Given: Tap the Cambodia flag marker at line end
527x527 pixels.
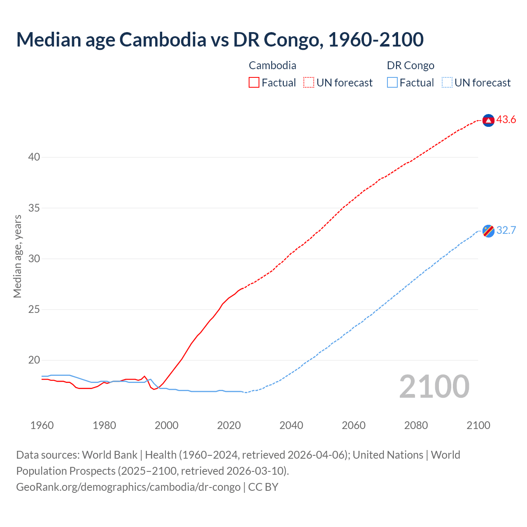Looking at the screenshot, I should pos(488,120).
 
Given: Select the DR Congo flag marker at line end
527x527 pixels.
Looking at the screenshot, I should pos(488,231).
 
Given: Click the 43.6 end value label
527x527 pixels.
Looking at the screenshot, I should pos(506,120).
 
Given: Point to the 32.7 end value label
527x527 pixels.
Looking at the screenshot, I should pos(506,230).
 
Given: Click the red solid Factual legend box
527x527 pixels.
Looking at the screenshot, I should pos(254,83).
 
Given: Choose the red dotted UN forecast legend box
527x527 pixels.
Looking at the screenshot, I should pos(309,83).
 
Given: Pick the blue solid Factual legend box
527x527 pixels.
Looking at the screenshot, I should pos(392,83).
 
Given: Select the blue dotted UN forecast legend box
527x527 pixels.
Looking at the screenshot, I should pos(447,83).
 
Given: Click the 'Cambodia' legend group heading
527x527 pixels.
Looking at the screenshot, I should pos(272,65).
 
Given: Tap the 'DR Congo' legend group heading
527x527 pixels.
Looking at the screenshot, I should pos(410,65).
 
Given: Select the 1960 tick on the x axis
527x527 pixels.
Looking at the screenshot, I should pos(42,425).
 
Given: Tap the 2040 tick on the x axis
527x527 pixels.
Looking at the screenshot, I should pos(291,425).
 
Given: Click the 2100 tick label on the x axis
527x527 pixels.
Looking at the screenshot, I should pos(478,425).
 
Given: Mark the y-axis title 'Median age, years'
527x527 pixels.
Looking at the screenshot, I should pos(17,256).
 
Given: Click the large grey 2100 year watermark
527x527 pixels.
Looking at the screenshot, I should pos(434,386).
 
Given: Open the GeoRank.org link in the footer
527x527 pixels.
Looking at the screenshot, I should pos(128,487).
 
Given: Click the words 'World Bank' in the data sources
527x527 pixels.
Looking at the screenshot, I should pos(110,455).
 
